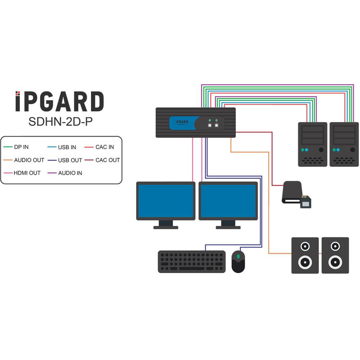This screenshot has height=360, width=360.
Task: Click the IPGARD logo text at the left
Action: pos(60,102)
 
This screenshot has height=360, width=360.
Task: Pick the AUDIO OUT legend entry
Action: pos(29,160)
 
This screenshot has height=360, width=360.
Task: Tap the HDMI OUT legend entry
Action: pos(27,173)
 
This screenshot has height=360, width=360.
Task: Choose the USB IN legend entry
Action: pos(67,147)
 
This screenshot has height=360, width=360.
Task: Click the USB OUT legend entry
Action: pos(70,160)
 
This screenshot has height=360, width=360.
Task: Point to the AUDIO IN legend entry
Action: pos(70,173)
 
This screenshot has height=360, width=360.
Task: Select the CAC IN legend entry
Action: pos(104,147)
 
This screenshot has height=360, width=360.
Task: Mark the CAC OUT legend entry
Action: pos(107,160)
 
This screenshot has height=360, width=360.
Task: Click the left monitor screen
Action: pos(166,201)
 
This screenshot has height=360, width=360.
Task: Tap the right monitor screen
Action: pos(228,201)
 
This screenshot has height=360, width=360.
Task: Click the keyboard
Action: pos(192,261)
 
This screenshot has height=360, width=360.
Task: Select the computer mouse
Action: pos(238,261)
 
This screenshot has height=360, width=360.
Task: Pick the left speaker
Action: pos(305,255)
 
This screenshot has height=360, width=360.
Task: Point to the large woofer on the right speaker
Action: pos(335,262)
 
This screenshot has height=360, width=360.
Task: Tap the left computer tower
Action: pos(312,144)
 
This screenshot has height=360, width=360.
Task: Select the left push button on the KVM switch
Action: pos(210,125)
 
